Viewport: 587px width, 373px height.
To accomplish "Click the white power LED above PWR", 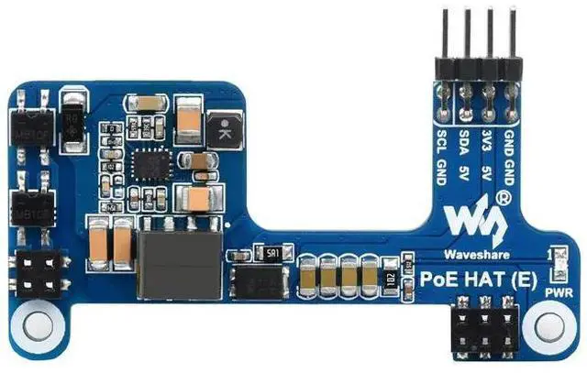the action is click(553, 264).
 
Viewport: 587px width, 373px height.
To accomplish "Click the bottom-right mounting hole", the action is click(551, 325).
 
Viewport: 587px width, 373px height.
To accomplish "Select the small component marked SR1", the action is click(272, 251).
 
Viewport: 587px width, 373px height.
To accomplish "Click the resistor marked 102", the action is click(390, 278).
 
